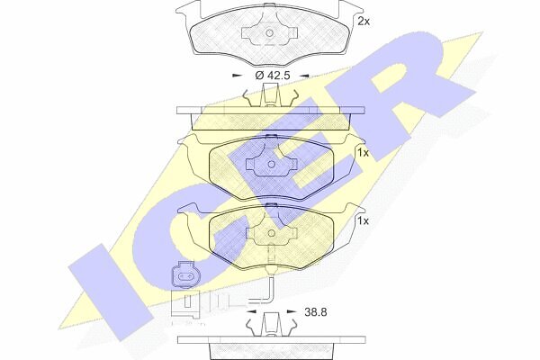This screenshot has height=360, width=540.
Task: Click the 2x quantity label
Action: pyautogui.click(x=364, y=22)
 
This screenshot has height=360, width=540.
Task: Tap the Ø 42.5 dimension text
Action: pyautogui.click(x=273, y=75)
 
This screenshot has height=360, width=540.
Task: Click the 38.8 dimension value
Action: pyautogui.click(x=316, y=312)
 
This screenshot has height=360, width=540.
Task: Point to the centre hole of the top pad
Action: pyautogui.click(x=269, y=33)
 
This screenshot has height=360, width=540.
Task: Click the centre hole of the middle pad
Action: pyautogui.click(x=271, y=165)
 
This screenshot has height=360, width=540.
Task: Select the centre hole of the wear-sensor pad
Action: pyautogui.click(x=271, y=233)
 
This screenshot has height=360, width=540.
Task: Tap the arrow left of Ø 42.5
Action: pyautogui.click(x=237, y=75)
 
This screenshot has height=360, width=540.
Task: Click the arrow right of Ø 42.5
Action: pyautogui.click(x=304, y=75)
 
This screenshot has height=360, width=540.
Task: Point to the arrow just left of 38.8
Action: pyautogui.click(x=252, y=311)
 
